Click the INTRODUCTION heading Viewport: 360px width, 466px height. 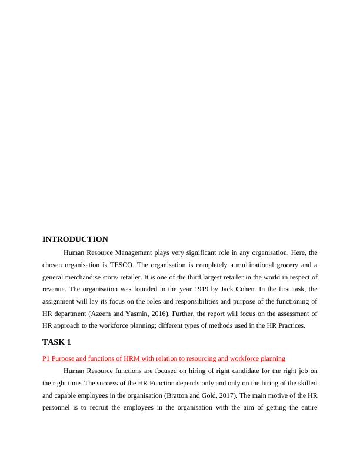click(75, 239)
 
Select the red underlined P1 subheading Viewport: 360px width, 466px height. click(164, 358)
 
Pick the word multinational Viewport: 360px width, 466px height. click(250, 264)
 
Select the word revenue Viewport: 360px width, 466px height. click(55, 289)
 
